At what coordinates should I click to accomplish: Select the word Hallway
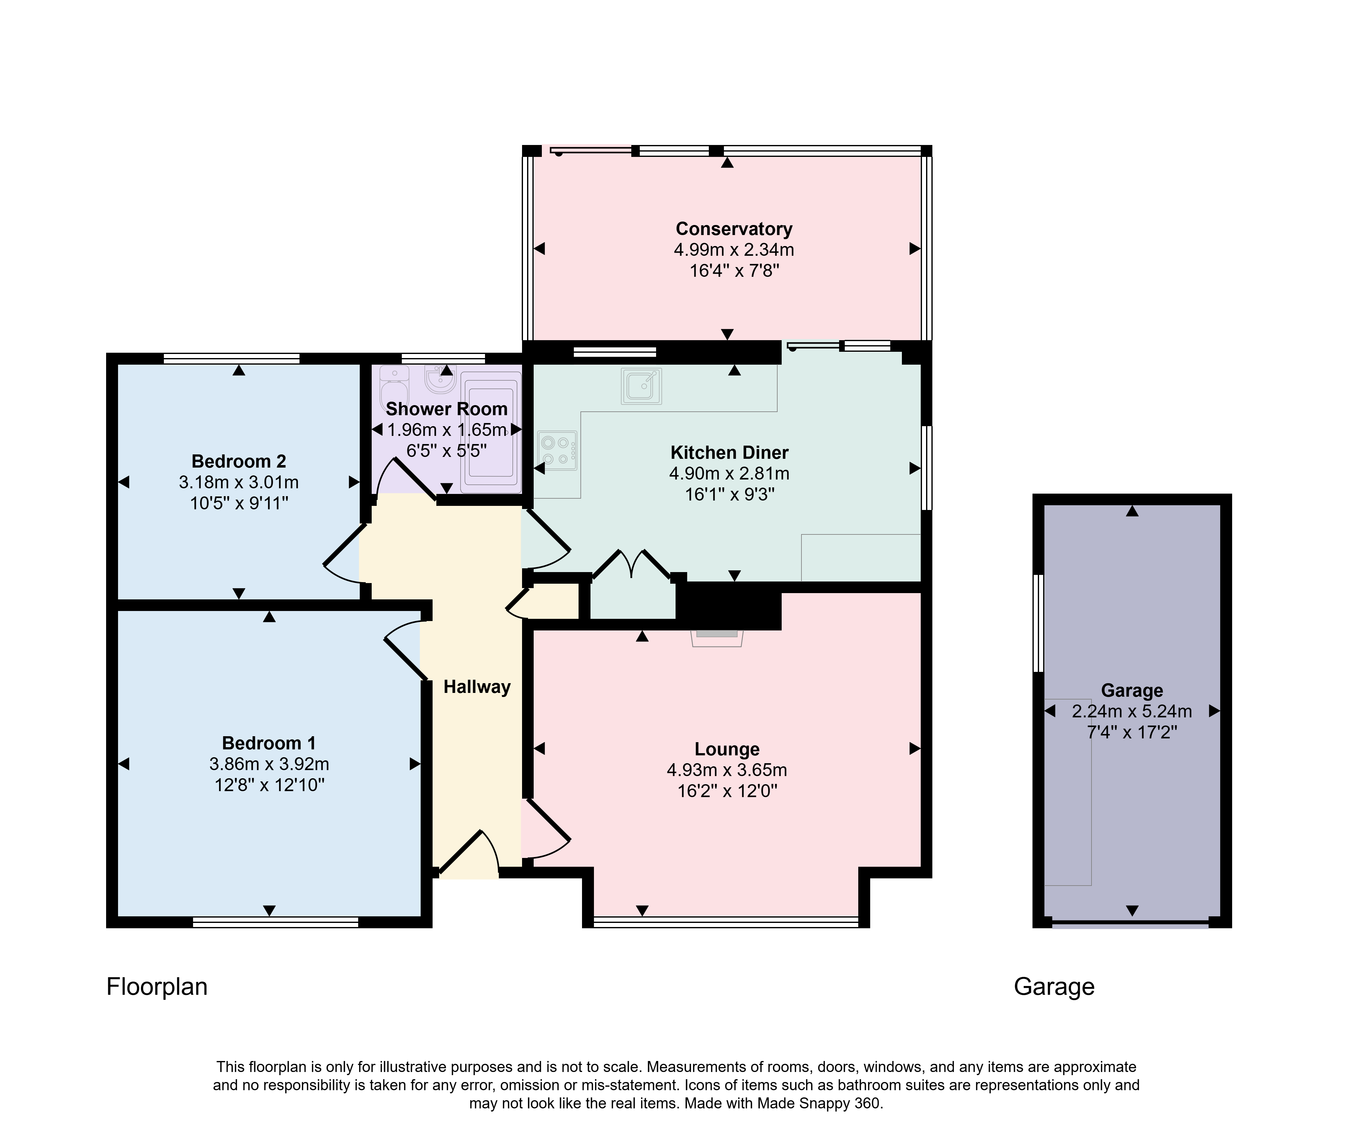click(477, 687)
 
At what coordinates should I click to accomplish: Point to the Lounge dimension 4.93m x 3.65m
click(727, 770)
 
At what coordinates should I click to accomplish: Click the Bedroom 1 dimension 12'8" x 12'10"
click(269, 785)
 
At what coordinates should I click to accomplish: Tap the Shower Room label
click(446, 409)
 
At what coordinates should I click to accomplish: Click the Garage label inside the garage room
click(1132, 690)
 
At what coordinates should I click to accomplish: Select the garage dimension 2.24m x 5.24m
click(1132, 712)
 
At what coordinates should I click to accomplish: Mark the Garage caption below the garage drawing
click(1054, 987)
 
